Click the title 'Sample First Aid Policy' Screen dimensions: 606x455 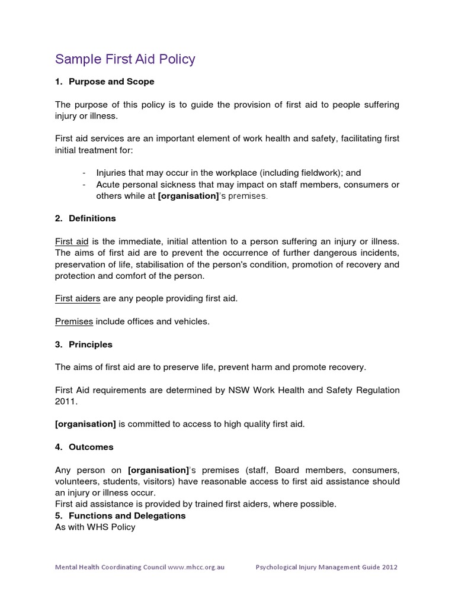tap(125, 59)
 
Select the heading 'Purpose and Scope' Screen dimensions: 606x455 tap(111, 82)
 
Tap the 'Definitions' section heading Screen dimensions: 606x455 tap(92, 218)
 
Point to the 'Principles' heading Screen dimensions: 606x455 tap(91, 344)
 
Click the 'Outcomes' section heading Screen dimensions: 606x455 tap(91, 447)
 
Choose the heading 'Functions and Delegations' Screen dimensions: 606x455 tap(127, 515)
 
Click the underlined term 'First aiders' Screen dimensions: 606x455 tap(78, 298)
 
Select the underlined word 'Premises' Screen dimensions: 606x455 tap(74, 321)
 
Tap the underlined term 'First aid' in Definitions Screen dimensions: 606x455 tap(72, 241)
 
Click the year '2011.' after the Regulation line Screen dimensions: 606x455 tap(66, 401)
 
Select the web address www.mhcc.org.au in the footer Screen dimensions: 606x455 tap(196, 567)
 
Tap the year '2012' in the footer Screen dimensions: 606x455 tap(387, 567)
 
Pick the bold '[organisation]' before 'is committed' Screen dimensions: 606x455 tap(85, 424)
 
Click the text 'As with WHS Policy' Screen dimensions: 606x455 tap(95, 527)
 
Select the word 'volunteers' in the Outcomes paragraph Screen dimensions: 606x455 tap(76, 481)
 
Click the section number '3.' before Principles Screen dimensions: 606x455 tap(59, 344)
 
